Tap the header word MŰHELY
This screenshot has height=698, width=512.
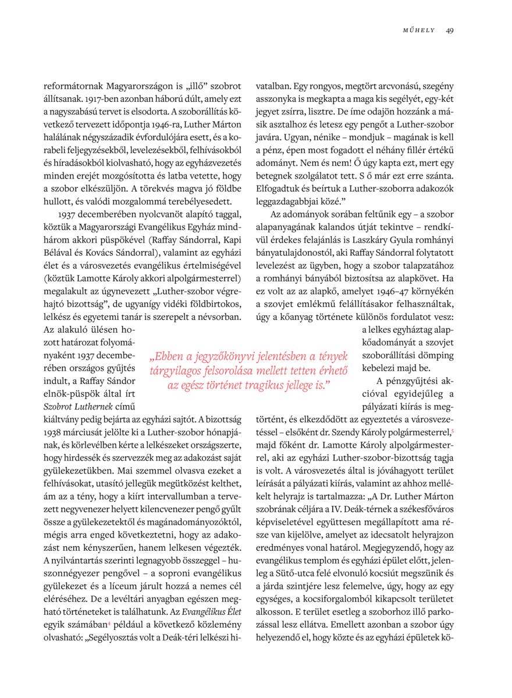coord(419,30)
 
